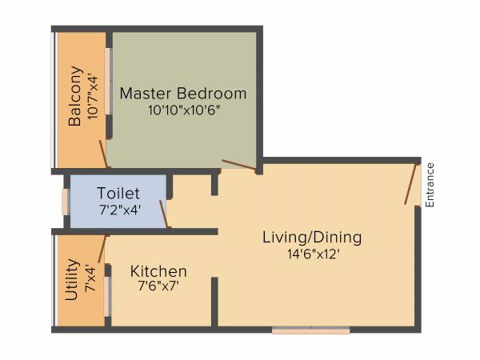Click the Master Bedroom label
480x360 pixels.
click(183, 94)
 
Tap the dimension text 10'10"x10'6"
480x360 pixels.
click(183, 110)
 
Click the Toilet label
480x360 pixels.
click(118, 194)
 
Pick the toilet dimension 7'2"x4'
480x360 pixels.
click(118, 210)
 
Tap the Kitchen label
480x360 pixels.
click(158, 271)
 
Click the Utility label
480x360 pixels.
click(72, 279)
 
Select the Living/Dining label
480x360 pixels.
click(312, 238)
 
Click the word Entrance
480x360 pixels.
click(430, 185)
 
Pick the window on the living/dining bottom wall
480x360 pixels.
click(310, 329)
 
